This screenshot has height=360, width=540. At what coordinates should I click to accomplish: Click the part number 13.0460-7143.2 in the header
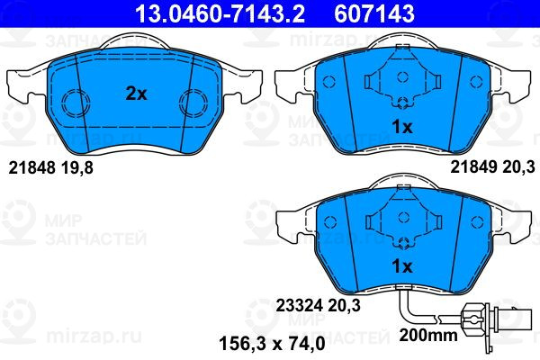[x=220, y=13]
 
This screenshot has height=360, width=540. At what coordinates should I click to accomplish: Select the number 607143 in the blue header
[x=374, y=13]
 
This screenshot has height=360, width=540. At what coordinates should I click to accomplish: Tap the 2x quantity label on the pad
[x=136, y=94]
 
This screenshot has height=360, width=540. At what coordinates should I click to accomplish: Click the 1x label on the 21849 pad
[x=402, y=127]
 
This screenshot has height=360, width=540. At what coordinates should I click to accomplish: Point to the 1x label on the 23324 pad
[x=402, y=266]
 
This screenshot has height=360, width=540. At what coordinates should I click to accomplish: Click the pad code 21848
[x=31, y=167]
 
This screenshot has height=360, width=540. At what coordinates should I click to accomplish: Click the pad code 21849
[x=474, y=167]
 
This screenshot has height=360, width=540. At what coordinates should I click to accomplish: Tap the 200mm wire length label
[x=428, y=335]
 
